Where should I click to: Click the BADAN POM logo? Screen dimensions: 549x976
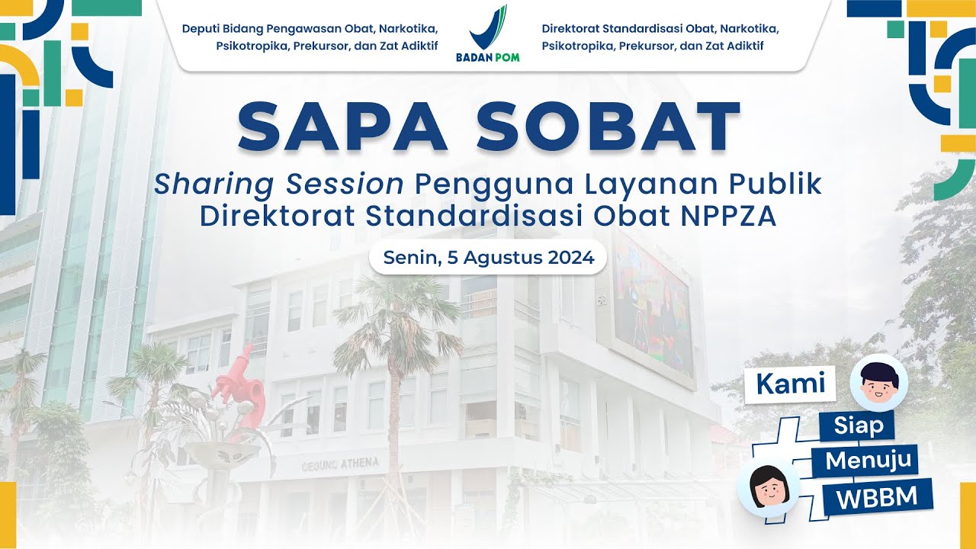pos(488,34)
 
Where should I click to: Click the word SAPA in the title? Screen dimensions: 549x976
pos(347,127)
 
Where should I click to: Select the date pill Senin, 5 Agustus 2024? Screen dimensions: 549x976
pos(488,258)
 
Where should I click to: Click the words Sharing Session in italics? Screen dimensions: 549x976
pos(279,185)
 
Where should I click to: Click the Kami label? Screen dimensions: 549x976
pos(791,384)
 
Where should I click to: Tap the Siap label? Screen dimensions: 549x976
pos(859,425)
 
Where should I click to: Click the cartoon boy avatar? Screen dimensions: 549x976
pos(878,383)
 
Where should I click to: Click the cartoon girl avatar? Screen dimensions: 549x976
pos(768,488)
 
